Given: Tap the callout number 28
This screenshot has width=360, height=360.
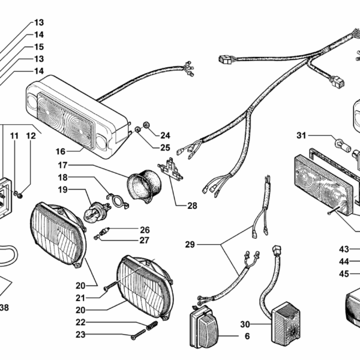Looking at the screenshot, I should (x=191, y=206).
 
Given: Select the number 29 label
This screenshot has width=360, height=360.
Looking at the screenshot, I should (x=190, y=245).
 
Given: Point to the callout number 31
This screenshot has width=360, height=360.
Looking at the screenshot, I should (x=301, y=134).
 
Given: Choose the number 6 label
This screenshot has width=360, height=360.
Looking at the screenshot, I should (x=247, y=337).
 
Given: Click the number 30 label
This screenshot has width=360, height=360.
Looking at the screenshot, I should (x=245, y=324).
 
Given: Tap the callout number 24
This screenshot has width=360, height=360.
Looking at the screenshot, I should (x=165, y=135).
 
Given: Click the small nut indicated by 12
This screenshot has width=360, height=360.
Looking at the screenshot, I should (x=19, y=194).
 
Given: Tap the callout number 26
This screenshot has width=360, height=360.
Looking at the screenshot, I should (x=145, y=229).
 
